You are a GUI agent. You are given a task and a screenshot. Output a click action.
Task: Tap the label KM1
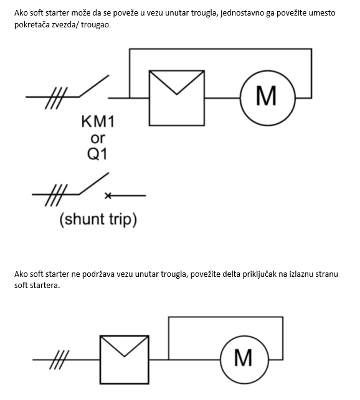(98, 121)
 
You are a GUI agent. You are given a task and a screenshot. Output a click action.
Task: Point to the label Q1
(97, 154)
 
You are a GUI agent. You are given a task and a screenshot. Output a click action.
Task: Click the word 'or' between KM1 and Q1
(98, 139)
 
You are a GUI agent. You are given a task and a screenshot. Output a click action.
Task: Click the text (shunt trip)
(98, 220)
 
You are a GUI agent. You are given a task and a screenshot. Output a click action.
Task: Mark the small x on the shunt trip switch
(108, 196)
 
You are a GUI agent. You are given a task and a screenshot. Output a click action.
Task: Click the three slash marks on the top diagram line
(56, 98)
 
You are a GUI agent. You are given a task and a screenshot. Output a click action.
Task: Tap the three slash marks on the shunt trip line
(56, 195)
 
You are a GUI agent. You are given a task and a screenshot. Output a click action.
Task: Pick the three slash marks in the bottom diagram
(59, 360)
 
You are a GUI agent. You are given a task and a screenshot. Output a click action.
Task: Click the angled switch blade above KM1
(94, 86)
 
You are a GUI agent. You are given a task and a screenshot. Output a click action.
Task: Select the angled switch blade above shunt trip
(94, 184)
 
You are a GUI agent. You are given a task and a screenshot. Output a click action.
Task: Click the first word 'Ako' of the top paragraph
(21, 13)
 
